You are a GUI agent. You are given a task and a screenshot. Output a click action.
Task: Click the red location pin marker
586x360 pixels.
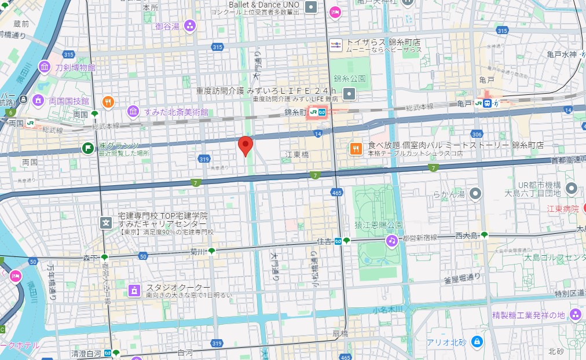coord(246,145)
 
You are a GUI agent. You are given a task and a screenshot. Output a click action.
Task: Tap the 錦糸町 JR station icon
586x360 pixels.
coord(317,112)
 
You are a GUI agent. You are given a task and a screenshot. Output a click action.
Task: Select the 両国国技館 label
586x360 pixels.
coord(68,101)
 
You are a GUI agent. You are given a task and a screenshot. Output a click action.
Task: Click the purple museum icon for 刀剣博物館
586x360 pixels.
coord(45,67)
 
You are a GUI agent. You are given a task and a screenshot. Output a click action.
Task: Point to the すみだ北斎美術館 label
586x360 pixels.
coord(176,112)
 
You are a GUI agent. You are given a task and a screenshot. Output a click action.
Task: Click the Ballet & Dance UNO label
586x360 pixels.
coord(263,5)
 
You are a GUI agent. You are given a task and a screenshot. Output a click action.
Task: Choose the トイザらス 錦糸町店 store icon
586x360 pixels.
coord(336,44)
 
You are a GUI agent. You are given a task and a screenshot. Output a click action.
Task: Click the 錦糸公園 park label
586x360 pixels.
coord(350,78)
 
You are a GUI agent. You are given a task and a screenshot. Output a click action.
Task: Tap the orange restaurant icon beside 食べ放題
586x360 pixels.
coord(356,149)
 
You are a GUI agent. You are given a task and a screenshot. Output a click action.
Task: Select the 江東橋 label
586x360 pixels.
coord(297,155)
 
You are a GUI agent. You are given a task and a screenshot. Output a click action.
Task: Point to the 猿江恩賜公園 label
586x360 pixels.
coord(379,225)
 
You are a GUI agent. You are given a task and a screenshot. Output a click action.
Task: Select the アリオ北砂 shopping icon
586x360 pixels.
coord(477,341)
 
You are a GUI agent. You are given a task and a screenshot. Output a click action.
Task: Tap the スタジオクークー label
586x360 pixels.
coord(178,287)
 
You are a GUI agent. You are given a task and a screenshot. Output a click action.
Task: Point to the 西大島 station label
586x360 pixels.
coord(467,235)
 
